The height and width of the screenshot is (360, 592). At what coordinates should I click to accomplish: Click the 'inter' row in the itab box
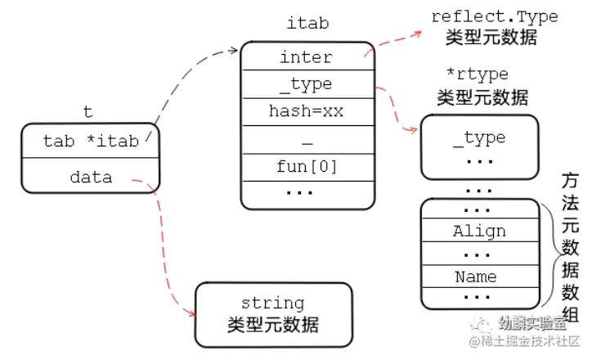[x=307, y=57]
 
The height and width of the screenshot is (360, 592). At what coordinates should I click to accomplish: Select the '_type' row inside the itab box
[x=307, y=84]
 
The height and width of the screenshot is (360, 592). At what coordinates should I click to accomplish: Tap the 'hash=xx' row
[x=307, y=111]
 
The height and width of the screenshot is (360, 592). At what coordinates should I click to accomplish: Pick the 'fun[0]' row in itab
[x=307, y=167]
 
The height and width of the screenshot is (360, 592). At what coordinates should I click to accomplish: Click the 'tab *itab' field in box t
[x=91, y=141]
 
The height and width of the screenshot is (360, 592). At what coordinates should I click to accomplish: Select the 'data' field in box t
[x=91, y=176]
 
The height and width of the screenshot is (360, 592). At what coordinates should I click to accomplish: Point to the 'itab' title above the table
[x=307, y=23]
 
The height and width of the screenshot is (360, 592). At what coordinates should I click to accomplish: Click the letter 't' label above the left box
[x=88, y=111]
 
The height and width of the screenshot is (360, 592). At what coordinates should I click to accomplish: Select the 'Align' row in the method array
[x=479, y=231]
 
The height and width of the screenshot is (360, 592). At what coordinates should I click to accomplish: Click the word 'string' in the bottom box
[x=272, y=304]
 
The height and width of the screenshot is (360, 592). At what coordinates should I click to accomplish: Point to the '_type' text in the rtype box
[x=479, y=137]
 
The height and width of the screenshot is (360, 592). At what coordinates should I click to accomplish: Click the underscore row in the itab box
[x=307, y=141]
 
